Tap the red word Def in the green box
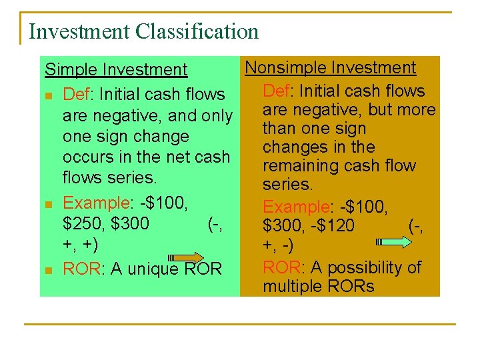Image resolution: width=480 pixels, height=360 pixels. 75,94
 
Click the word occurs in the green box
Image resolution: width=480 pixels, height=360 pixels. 89,157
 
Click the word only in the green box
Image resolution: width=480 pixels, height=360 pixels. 216,115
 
